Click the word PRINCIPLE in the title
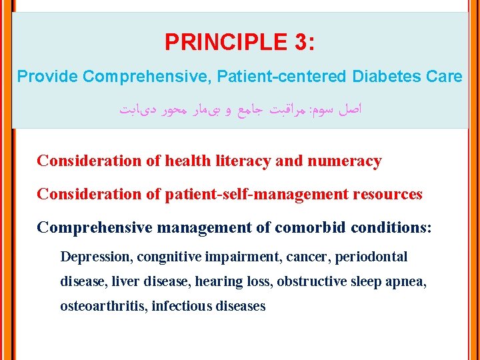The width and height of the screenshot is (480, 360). point(223,43)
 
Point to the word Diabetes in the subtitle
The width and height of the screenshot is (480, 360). point(387,77)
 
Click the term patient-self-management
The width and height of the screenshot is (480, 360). point(257,194)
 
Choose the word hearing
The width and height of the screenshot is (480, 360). point(216,281)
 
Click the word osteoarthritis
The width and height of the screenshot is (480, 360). point(104,306)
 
